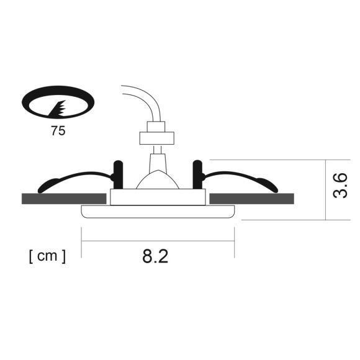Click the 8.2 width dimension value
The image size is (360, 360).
click(155, 256)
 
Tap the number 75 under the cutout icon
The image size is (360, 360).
click(58, 131)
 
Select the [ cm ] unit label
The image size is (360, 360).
click(47, 255)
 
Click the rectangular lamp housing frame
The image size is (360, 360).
click(158, 197)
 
